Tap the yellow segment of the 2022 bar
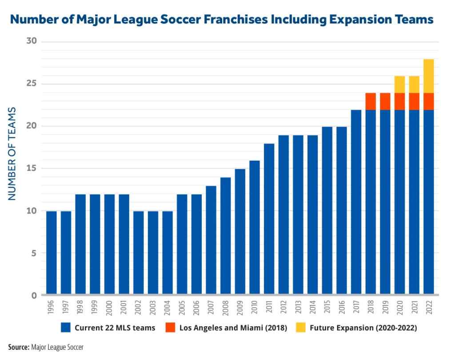(428, 76)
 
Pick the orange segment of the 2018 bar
(371, 101)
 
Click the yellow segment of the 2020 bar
(399, 84)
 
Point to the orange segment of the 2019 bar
(385, 101)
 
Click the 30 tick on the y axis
(32, 42)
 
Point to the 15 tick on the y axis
(32, 169)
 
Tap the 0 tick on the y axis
(35, 296)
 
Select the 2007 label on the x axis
(211, 307)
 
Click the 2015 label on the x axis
(327, 307)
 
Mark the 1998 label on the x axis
(80, 307)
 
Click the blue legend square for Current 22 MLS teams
(66, 328)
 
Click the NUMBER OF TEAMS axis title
(12, 153)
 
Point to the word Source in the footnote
(18, 347)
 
